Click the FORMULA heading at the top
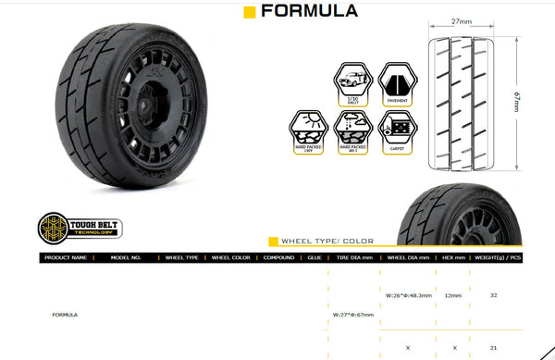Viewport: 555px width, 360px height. [309, 12]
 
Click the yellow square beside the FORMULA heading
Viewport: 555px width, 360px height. [249, 12]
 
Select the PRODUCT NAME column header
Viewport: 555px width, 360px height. [66, 257]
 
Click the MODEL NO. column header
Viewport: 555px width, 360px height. [125, 257]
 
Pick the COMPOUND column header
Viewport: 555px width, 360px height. [277, 257]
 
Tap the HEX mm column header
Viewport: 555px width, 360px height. [452, 257]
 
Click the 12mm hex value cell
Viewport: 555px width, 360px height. [452, 295]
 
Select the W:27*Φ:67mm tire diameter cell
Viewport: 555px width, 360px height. [353, 315]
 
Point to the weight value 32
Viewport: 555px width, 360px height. [494, 295]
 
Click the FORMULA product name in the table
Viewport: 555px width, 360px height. [66, 315]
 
